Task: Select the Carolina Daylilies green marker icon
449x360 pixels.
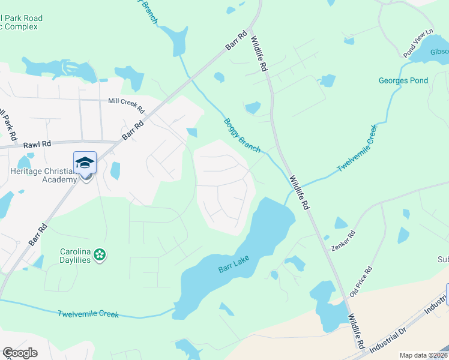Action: click(x=100, y=255)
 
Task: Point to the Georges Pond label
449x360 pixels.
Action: click(x=403, y=80)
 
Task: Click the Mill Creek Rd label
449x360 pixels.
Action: click(x=126, y=106)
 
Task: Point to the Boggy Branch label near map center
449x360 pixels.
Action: click(x=243, y=135)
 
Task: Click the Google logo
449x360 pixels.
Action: click(x=20, y=353)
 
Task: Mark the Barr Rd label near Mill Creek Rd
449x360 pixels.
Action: click(x=134, y=128)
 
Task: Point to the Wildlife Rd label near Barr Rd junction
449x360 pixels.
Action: click(x=259, y=55)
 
